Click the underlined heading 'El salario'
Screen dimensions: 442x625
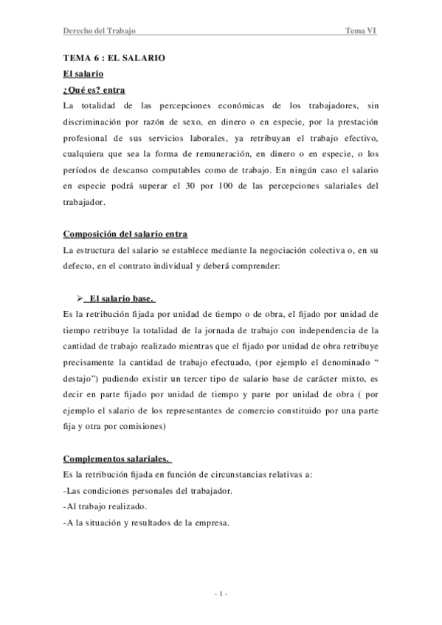click(84, 74)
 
